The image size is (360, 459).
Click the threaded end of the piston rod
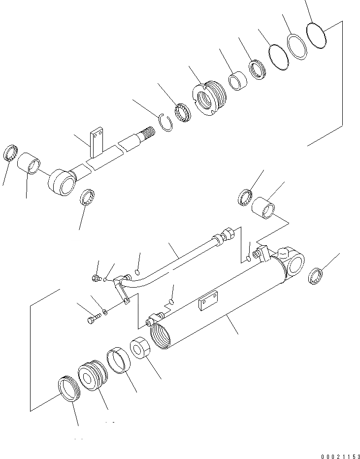[x=148, y=132]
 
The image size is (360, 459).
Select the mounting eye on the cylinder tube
[x=295, y=263]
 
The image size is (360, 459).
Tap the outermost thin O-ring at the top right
[x=316, y=34]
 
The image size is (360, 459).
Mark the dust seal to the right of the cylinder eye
[x=315, y=276]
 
